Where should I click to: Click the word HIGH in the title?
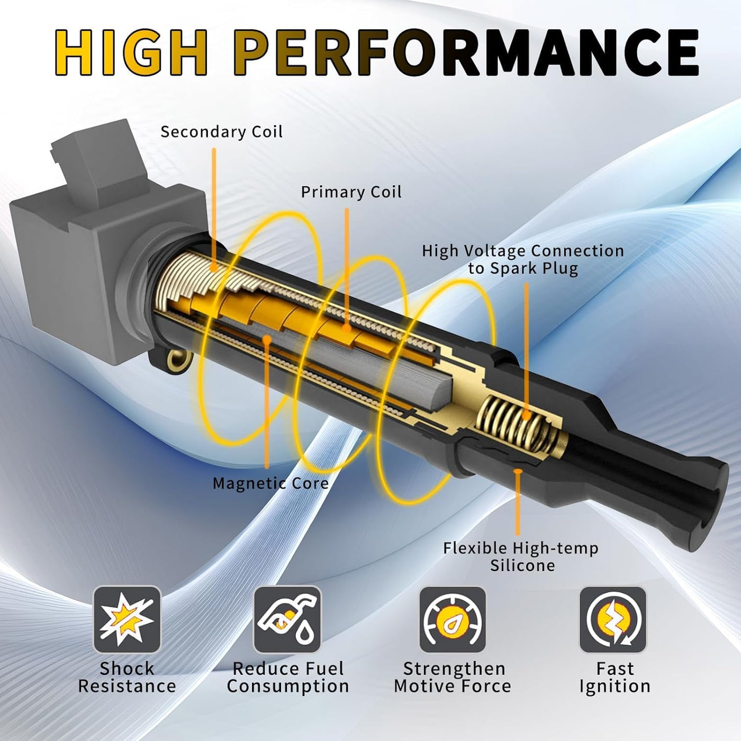131,53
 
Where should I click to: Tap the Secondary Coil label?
221,132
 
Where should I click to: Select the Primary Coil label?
351,192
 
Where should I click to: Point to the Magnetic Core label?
270,483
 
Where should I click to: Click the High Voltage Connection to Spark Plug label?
523,259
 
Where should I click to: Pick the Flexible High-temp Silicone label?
521,557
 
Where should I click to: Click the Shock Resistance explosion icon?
127,619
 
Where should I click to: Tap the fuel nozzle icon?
287,619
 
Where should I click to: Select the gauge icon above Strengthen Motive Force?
453,619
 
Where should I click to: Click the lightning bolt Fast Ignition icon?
613,619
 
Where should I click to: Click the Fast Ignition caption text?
615,678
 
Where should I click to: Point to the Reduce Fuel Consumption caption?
288,678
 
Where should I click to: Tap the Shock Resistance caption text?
127,678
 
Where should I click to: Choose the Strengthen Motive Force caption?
453,678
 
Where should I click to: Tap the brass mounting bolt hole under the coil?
177,360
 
